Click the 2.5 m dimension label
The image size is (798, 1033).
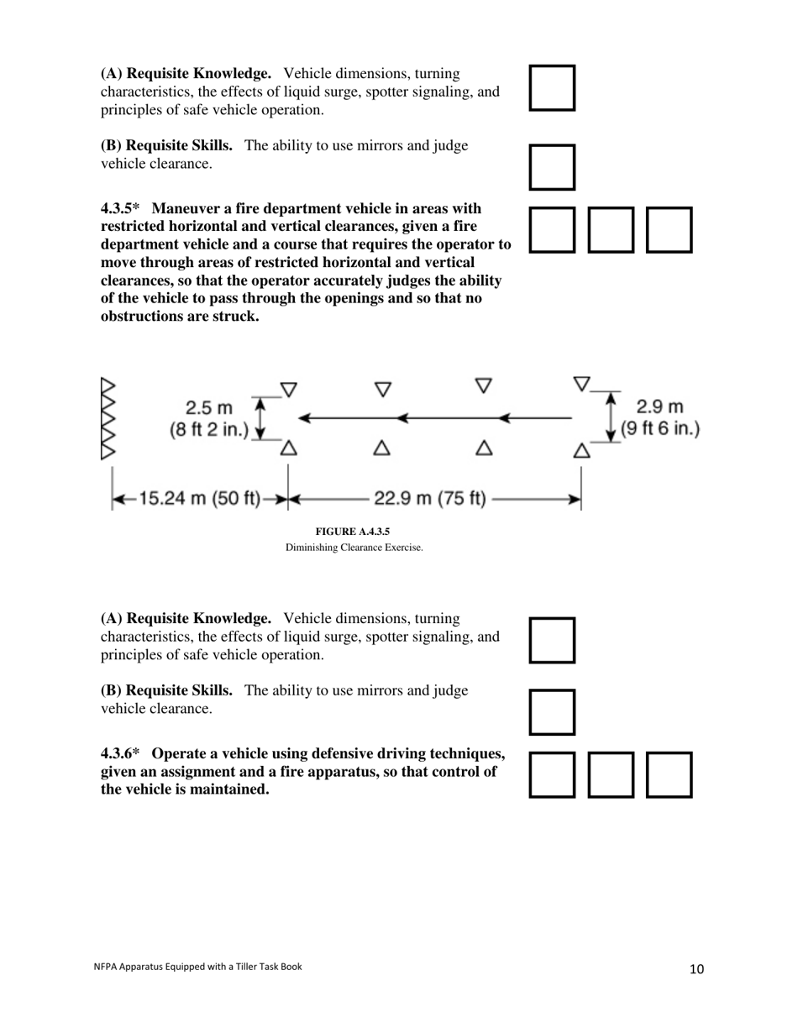tap(209, 408)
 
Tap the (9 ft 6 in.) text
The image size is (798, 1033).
tap(659, 429)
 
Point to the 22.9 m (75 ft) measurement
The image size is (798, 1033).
tap(429, 499)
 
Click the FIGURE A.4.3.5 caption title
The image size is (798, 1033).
tap(353, 532)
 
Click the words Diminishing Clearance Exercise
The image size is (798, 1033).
tap(354, 548)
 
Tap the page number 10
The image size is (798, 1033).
tap(696, 969)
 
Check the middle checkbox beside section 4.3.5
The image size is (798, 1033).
tap(611, 230)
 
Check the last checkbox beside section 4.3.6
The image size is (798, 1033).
tap(669, 774)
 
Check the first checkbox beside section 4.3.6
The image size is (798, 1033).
tap(552, 774)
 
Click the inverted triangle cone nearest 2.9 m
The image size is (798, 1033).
tap(581, 384)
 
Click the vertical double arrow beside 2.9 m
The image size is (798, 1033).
tap(611, 417)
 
